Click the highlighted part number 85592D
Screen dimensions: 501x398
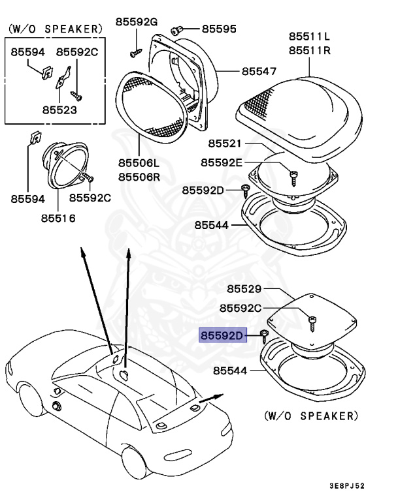tap(222, 336)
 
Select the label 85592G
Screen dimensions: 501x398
tap(137, 22)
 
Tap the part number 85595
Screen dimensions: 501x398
tap(218, 29)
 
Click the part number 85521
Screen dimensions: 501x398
tap(225, 142)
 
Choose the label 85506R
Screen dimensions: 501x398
tap(139, 177)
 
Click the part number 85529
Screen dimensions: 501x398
tap(244, 288)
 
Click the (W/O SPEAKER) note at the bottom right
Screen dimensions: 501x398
tap(311, 415)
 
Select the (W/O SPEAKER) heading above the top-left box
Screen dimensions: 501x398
tap(55, 29)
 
